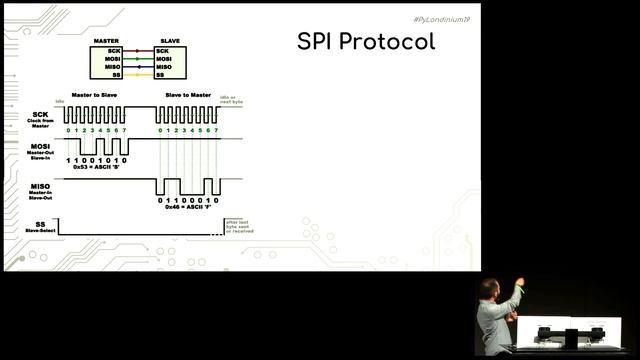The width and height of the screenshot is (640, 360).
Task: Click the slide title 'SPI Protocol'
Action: coord(366,42)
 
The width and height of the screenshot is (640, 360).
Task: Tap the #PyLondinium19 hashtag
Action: coord(440,20)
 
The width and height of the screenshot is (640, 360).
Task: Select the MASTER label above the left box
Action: coord(106,41)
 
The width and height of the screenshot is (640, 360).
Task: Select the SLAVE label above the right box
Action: coord(169,41)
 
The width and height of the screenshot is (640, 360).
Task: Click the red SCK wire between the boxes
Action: coord(138,50)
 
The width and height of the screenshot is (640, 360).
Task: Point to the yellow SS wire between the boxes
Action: coord(138,75)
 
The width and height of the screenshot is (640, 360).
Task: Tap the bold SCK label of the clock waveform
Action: coord(40,114)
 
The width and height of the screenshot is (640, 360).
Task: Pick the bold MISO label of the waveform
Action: coord(40,186)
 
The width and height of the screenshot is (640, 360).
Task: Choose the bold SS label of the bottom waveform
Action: coord(40,224)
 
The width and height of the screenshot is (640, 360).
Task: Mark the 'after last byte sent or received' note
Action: coord(239,226)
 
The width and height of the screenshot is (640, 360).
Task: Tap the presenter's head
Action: coord(487,290)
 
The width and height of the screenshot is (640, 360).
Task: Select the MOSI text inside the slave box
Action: coord(164,58)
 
